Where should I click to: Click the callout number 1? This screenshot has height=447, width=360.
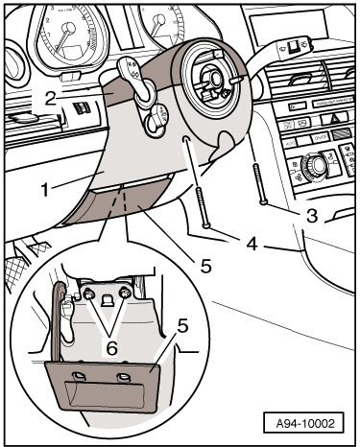click(x=45, y=190)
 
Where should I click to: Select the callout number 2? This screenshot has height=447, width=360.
click(x=51, y=99)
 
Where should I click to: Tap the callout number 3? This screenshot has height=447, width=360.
click(x=312, y=216)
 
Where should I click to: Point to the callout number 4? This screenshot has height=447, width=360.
click(x=252, y=245)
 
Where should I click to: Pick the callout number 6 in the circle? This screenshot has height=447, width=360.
click(x=111, y=348)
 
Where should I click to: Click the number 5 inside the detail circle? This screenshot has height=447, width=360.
click(x=183, y=326)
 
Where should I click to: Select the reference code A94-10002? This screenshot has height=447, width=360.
click(x=305, y=424)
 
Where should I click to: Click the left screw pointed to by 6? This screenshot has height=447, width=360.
click(x=88, y=294)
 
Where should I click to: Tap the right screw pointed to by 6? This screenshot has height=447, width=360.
click(x=124, y=293)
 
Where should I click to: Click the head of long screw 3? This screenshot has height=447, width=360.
click(x=263, y=202)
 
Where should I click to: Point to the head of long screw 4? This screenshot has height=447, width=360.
click(x=206, y=226)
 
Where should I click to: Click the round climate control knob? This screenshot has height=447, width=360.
click(x=317, y=165)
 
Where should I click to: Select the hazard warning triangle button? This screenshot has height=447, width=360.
click(x=334, y=119)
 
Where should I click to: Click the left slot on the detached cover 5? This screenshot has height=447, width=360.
click(x=78, y=375)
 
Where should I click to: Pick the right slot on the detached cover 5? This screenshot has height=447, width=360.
click(x=123, y=377)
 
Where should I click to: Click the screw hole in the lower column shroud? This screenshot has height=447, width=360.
click(x=184, y=139)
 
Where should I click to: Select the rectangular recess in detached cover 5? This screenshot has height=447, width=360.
click(x=105, y=394)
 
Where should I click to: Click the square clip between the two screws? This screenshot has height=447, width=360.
click(x=107, y=300)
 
